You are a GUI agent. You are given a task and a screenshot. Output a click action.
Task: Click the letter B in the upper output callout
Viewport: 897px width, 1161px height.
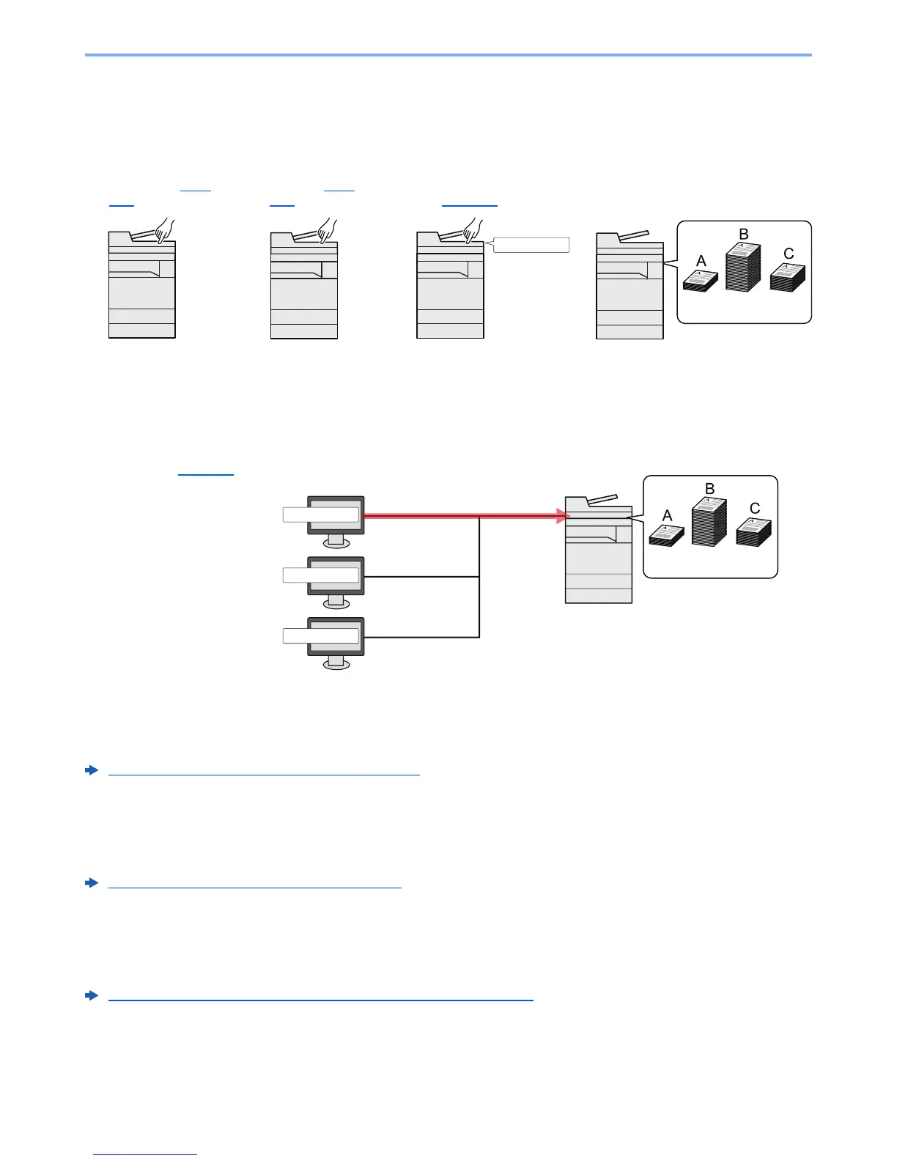[743, 235]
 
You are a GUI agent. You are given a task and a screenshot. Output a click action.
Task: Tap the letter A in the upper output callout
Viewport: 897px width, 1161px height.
[701, 261]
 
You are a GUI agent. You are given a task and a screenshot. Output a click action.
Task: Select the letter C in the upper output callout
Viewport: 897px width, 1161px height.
[789, 254]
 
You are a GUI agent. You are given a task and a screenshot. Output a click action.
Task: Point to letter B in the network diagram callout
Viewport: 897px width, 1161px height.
[709, 489]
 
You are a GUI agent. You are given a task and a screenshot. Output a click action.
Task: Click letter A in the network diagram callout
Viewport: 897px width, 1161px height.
[667, 516]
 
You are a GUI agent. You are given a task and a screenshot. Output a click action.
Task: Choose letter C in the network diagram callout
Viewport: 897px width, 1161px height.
[755, 509]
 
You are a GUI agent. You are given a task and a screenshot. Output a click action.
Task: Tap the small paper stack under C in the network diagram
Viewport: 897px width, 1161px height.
[754, 532]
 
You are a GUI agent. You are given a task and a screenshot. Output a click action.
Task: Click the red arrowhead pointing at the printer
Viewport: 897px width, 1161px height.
[563, 516]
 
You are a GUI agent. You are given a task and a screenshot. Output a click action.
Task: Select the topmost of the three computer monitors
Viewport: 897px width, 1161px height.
[336, 515]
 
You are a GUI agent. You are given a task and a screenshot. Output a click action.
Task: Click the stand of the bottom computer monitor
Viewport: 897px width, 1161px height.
[336, 662]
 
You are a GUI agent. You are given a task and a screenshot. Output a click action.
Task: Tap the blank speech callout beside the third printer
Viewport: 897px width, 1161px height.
[531, 246]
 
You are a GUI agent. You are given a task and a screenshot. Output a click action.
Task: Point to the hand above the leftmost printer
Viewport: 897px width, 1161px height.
[164, 229]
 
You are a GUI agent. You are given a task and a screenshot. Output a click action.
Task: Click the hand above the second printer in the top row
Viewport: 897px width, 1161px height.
[326, 229]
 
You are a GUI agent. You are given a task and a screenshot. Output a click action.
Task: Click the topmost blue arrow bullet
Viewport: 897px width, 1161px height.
[92, 770]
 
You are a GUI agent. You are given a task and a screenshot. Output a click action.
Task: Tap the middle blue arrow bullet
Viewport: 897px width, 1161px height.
[92, 883]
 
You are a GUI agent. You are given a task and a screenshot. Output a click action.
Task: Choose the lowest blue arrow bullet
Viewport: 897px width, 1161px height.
[92, 996]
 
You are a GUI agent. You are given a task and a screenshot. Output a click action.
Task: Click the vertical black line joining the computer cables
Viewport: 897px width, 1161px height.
[479, 577]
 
